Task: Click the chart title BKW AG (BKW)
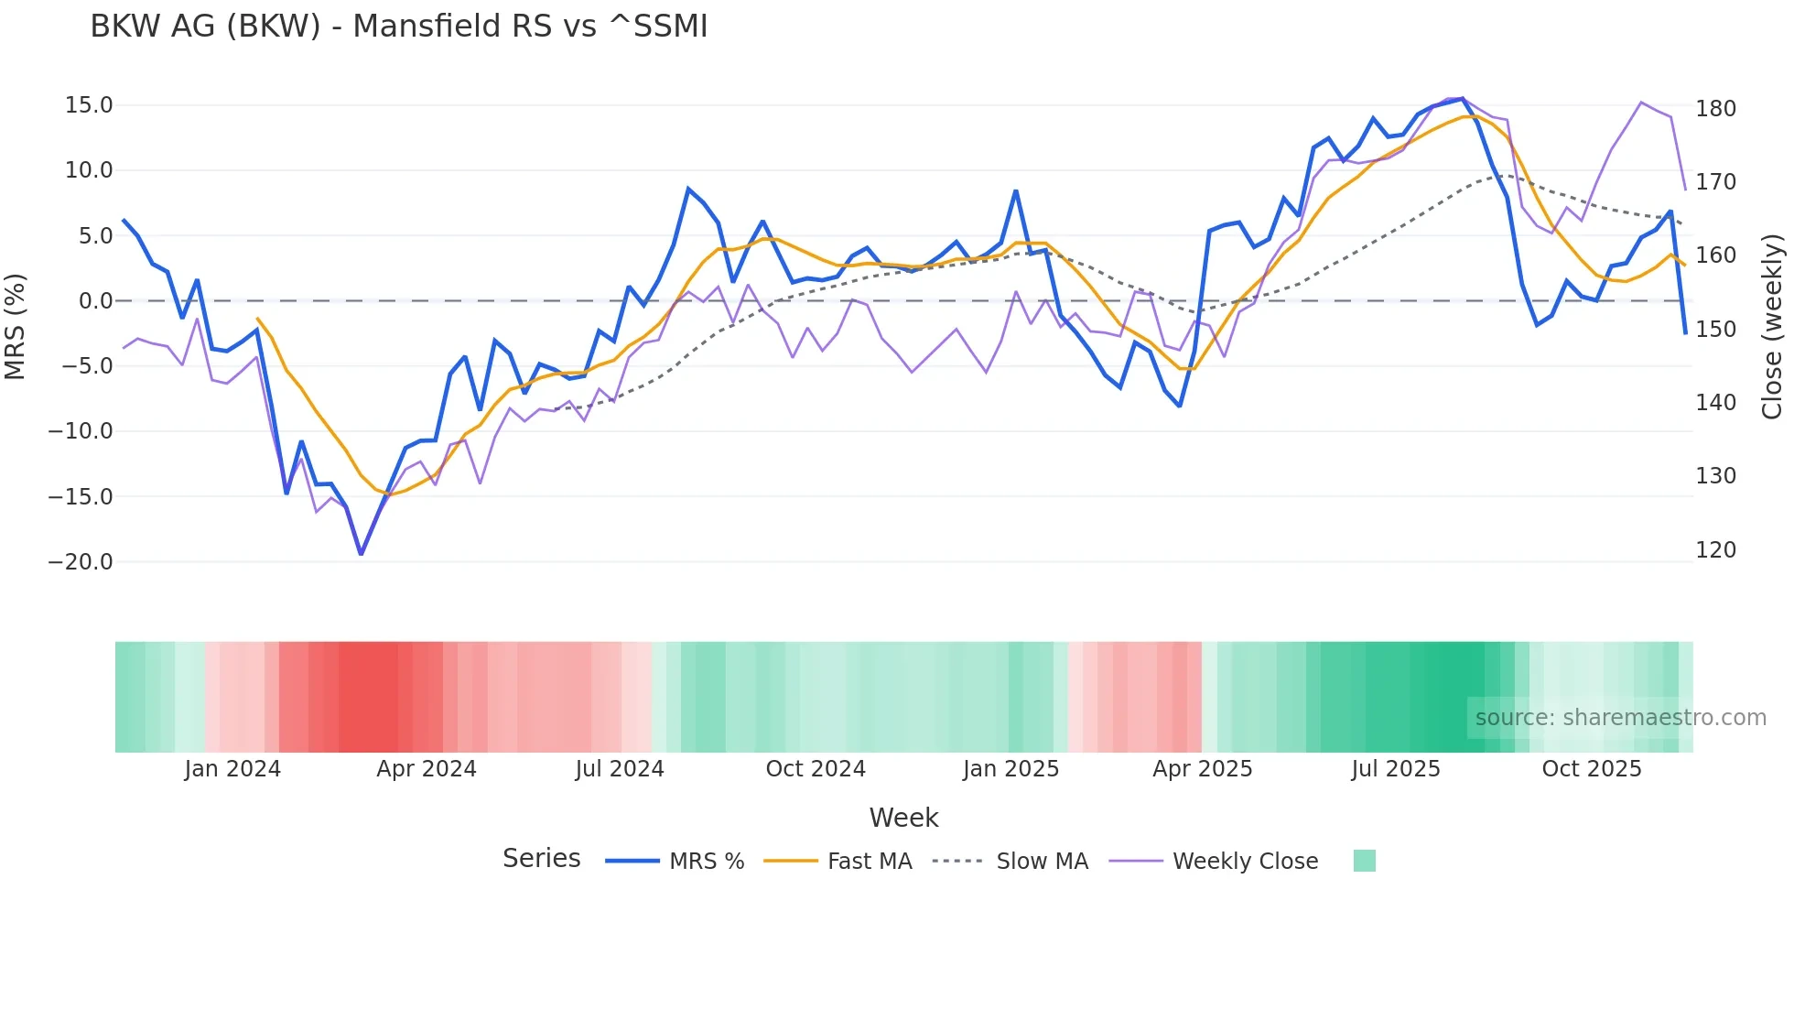pos(398,27)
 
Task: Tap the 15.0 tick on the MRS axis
pos(89,105)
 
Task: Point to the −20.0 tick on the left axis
pos(81,562)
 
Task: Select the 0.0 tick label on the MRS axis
pos(95,301)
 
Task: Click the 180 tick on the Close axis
pos(1715,109)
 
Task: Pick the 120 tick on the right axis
pos(1715,550)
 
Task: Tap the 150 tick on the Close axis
pos(1715,330)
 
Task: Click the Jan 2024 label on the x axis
pos(232,769)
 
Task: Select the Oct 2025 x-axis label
pos(1592,769)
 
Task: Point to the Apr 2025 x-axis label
pos(1202,769)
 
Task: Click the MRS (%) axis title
pos(16,327)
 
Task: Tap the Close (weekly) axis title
pos(1773,327)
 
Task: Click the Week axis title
pos(903,818)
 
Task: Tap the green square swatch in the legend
pos(1364,861)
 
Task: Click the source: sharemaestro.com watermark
pos(1620,718)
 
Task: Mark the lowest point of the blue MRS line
pos(361,554)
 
